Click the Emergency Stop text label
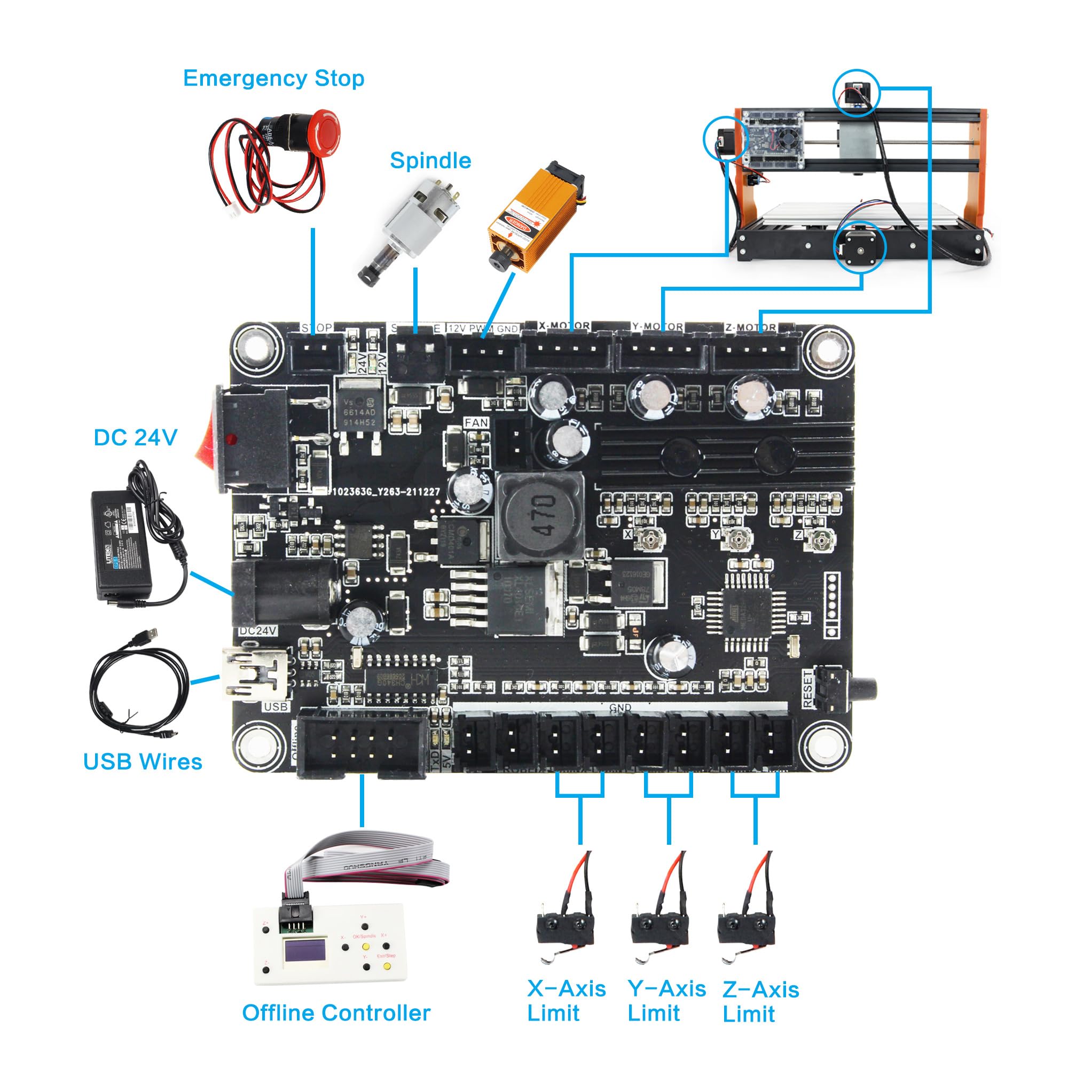click(273, 78)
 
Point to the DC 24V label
click(136, 438)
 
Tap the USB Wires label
click(143, 762)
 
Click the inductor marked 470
click(540, 516)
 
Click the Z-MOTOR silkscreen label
click(751, 327)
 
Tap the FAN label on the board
click(476, 423)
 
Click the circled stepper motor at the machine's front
click(859, 247)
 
